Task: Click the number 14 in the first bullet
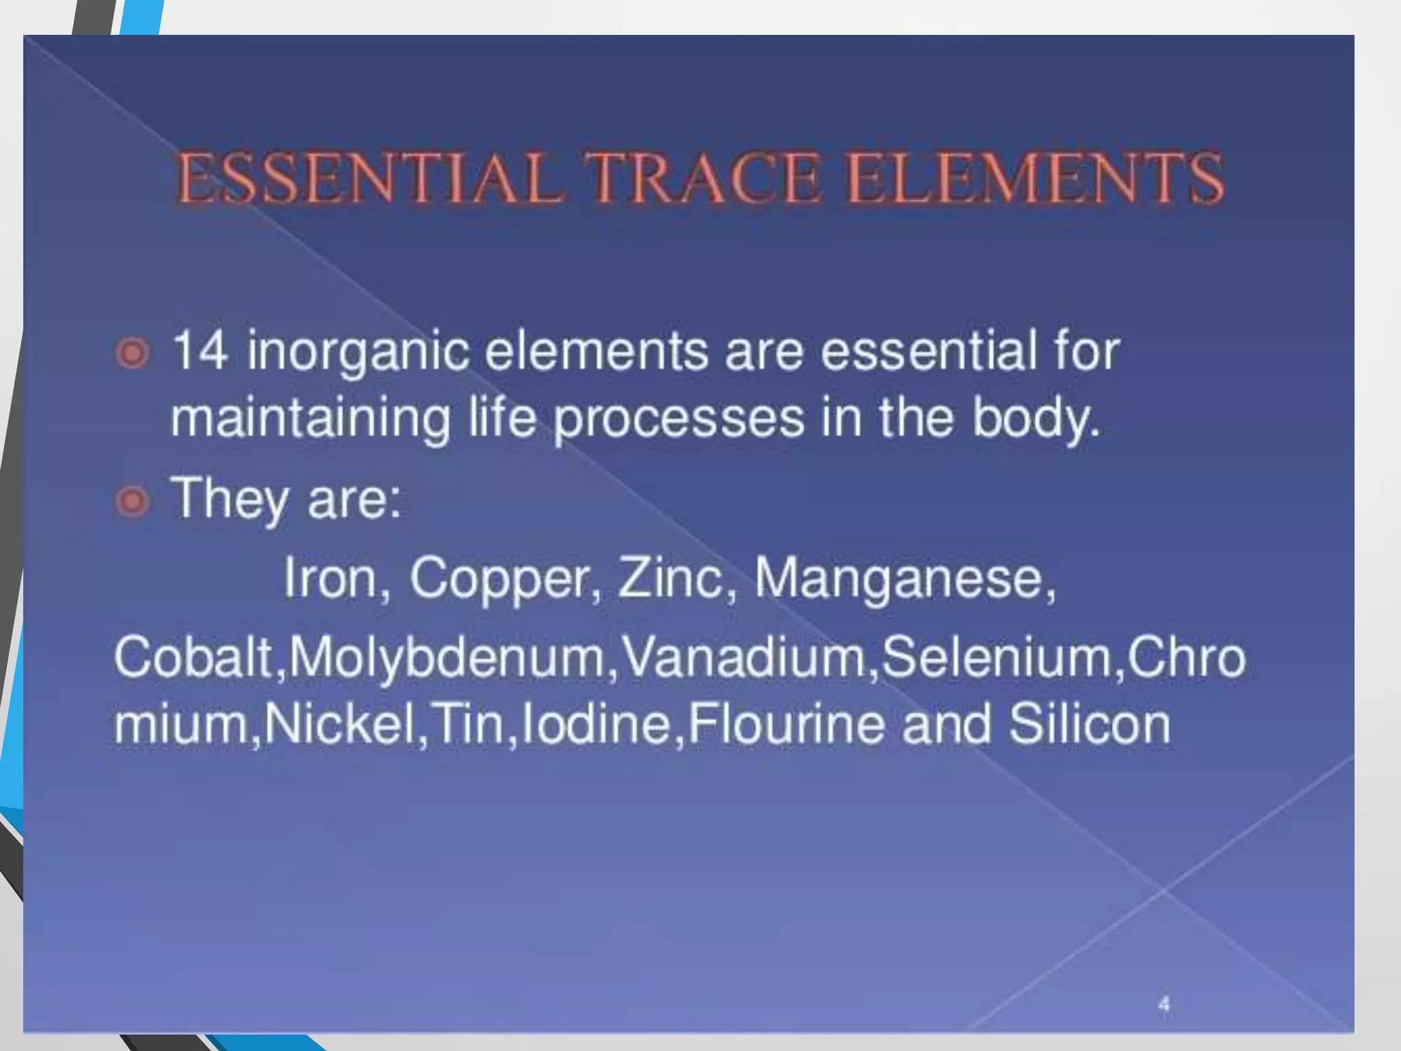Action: [199, 350]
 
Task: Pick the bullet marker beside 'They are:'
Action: [132, 502]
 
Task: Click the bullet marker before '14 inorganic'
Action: [132, 354]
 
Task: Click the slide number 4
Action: [1164, 1004]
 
